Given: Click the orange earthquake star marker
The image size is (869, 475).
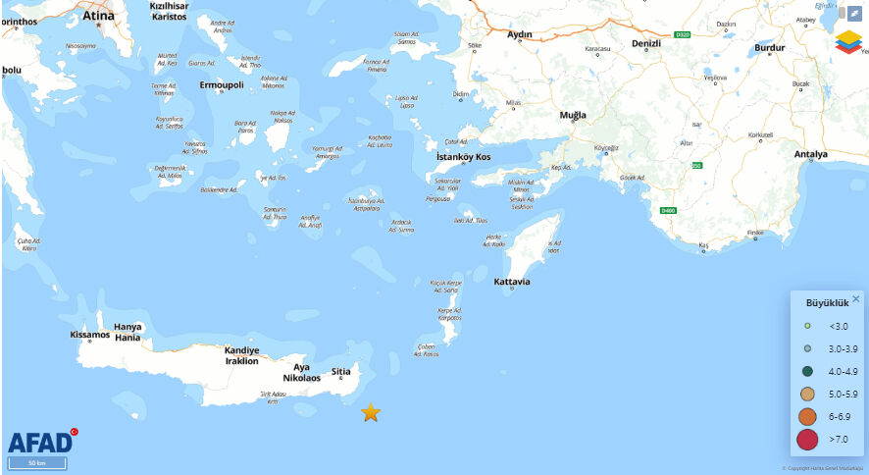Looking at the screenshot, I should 371,412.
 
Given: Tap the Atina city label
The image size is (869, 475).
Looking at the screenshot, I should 98,16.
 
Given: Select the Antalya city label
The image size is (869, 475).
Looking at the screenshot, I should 811,154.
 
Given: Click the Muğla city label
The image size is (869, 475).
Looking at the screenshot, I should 573,115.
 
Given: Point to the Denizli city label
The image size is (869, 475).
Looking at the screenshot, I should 647,44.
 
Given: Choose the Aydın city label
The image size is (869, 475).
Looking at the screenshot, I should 518,34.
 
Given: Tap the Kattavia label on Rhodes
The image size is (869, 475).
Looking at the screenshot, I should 512,282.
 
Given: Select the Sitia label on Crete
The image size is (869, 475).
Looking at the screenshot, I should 341,372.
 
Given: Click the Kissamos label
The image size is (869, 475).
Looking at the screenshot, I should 90,335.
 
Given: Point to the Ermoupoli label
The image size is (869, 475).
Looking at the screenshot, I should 222,85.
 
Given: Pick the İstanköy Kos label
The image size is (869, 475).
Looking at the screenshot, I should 464,157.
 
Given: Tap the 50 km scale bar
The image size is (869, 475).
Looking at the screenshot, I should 37,462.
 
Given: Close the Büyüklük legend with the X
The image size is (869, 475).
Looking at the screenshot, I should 855,299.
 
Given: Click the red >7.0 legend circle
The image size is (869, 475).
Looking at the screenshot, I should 807,439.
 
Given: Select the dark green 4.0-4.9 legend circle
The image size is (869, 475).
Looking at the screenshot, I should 807,371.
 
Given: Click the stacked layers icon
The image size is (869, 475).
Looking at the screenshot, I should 848,43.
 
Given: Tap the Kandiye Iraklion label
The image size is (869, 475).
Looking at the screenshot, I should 241,355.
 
